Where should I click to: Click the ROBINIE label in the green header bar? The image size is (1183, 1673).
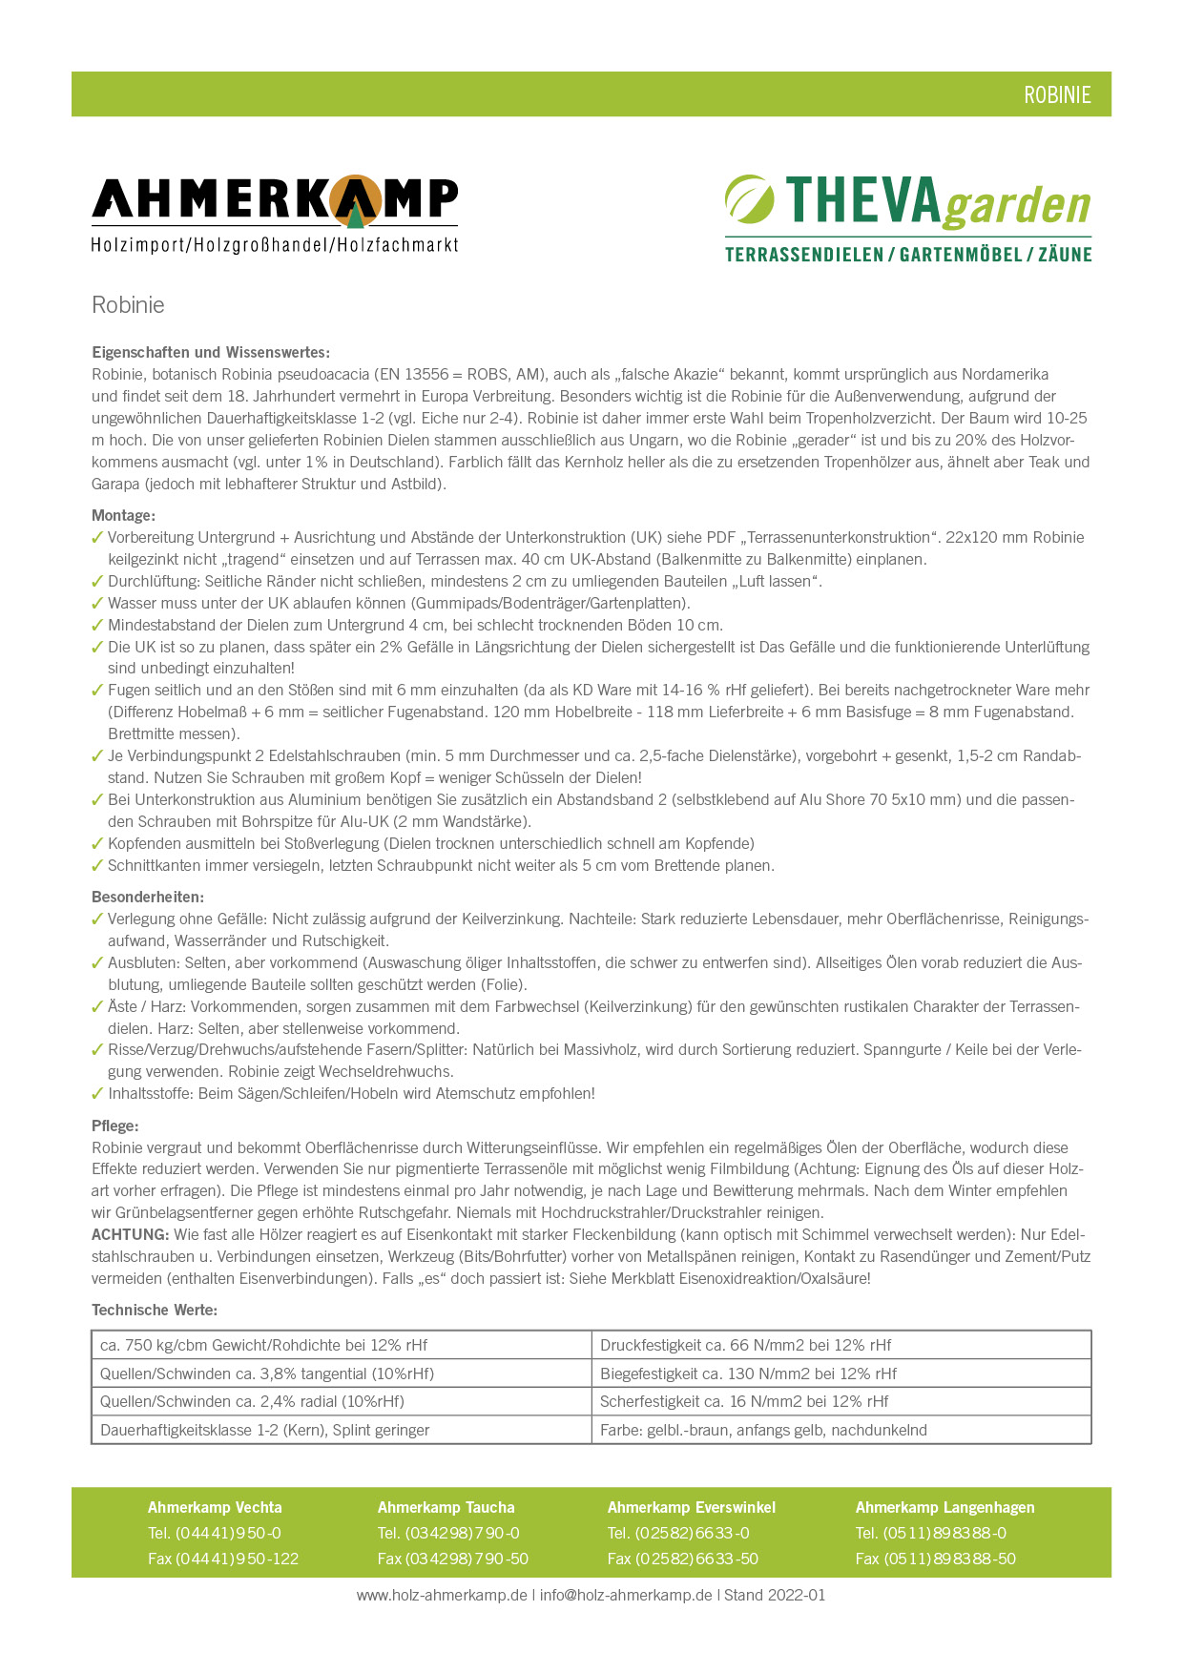point(1057,94)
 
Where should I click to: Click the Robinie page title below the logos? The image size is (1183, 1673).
point(128,305)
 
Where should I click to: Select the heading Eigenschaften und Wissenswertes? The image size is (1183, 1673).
point(211,352)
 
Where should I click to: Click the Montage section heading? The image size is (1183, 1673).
point(123,515)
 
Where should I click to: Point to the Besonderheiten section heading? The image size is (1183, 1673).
point(148,897)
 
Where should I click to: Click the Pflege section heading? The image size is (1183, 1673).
point(115,1126)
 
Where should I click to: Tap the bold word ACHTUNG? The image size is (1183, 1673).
point(130,1234)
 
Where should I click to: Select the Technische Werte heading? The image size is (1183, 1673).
point(155,1310)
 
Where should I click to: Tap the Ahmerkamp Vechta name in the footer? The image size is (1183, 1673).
point(215,1507)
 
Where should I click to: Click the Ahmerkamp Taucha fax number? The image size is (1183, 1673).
point(453,1559)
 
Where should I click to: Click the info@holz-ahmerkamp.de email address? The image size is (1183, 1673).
point(626,1595)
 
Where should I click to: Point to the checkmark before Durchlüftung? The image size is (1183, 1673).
point(97,581)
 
